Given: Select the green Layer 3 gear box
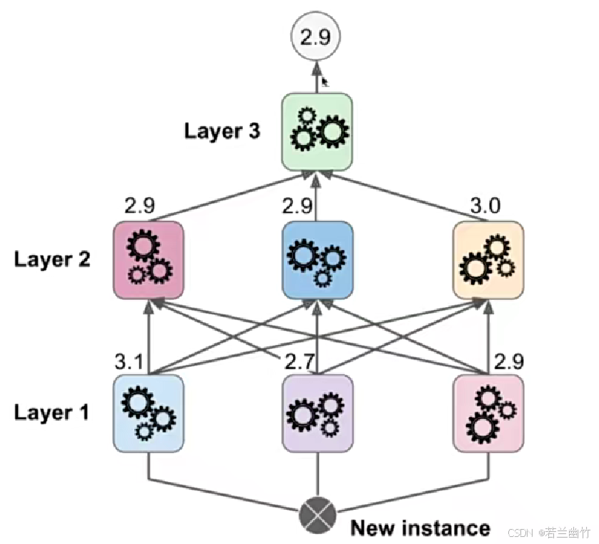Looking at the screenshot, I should click(x=317, y=131).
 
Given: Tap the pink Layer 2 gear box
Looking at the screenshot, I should click(x=149, y=259).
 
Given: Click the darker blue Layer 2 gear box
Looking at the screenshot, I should click(x=317, y=259).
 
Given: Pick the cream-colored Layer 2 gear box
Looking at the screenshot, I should click(x=488, y=259).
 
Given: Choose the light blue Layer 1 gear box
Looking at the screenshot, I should click(x=149, y=414).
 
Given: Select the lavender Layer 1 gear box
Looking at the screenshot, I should click(x=317, y=414).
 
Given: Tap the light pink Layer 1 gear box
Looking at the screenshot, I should click(x=488, y=414).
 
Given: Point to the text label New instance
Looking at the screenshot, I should click(x=420, y=528).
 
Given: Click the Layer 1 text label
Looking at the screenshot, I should click(x=52, y=413).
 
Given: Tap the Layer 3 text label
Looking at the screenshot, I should click(x=222, y=131).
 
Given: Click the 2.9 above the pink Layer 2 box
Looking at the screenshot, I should click(x=140, y=207).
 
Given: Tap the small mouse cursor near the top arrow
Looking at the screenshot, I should click(x=325, y=83).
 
